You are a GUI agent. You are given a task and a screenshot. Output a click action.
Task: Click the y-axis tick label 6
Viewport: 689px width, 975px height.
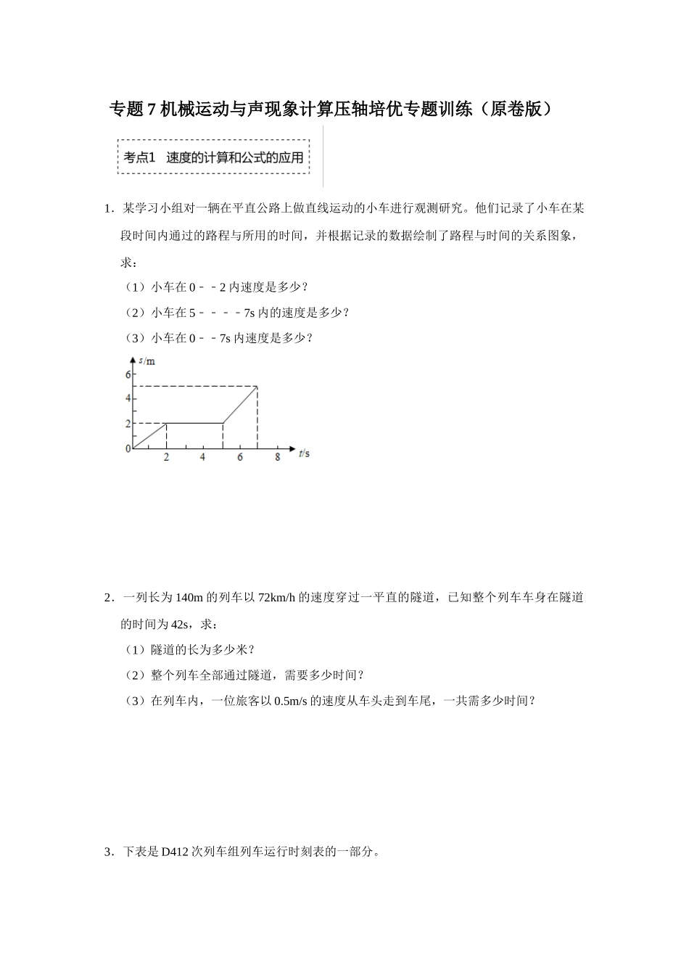click(x=128, y=374)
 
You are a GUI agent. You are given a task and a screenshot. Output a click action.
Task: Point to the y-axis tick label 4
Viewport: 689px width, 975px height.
click(x=128, y=398)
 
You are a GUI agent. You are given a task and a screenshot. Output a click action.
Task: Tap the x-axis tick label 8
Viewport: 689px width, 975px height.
click(x=277, y=457)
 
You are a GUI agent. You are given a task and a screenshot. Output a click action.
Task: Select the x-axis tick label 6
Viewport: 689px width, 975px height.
click(x=240, y=457)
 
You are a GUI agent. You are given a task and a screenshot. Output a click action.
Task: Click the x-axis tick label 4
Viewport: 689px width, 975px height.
click(x=202, y=457)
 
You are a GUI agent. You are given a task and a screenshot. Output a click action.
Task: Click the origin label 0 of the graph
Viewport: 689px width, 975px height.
click(x=128, y=449)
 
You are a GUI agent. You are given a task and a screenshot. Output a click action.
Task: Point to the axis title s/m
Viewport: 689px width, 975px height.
click(x=147, y=361)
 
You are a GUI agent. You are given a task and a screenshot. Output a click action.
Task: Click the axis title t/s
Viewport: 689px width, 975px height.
click(x=304, y=454)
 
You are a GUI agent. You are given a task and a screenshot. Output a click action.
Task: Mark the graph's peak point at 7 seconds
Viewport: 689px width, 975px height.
click(x=257, y=387)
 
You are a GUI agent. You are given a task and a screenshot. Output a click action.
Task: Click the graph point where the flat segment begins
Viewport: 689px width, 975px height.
click(x=167, y=423)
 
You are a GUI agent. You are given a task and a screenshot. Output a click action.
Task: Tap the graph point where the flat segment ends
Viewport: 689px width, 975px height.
click(x=223, y=423)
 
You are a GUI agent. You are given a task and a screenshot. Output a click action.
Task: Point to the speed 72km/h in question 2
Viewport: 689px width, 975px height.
click(x=278, y=598)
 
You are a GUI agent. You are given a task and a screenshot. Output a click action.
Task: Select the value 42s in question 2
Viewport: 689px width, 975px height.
click(x=180, y=624)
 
